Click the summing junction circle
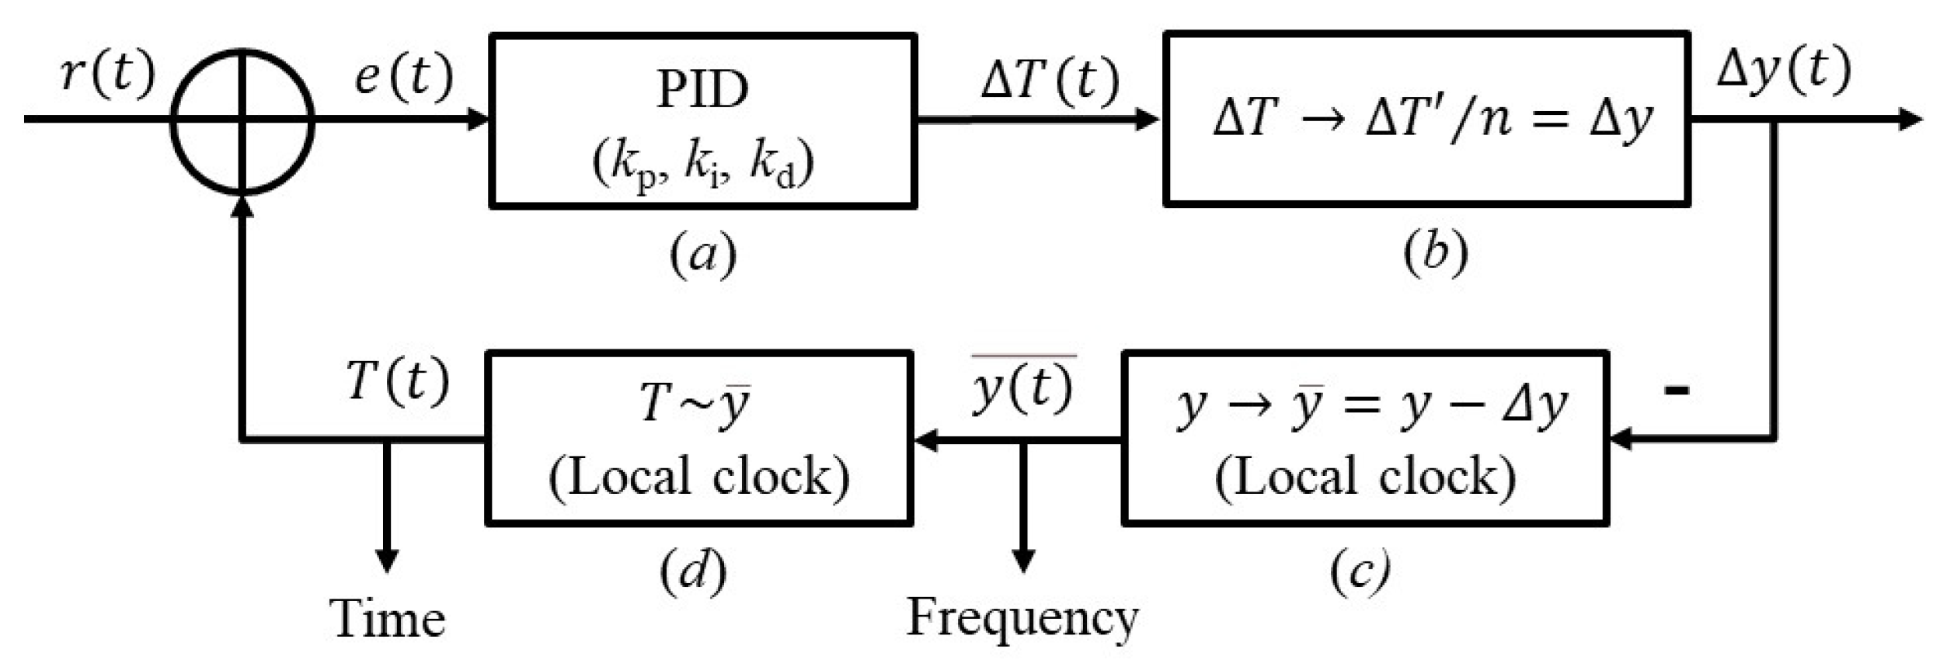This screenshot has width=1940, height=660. pyautogui.click(x=242, y=120)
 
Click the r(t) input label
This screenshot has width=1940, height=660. pyautogui.click(x=108, y=75)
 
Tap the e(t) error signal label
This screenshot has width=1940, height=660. pyautogui.click(x=404, y=78)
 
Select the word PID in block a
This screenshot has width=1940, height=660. pyautogui.click(x=702, y=90)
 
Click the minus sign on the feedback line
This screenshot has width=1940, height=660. pyautogui.click(x=1677, y=389)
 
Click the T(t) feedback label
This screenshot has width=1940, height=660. pyautogui.click(x=397, y=381)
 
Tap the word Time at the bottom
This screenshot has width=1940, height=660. pyautogui.click(x=387, y=620)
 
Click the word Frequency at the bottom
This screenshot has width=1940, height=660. pyautogui.click(x=1022, y=619)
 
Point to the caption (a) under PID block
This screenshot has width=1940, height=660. pyautogui.click(x=702, y=255)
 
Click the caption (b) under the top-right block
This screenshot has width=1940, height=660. pyautogui.click(x=1435, y=253)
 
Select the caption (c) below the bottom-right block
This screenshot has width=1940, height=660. pyautogui.click(x=1360, y=573)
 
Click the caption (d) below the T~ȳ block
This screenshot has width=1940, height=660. pyautogui.click(x=693, y=573)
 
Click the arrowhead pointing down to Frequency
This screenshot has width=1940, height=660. pyautogui.click(x=1022, y=561)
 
